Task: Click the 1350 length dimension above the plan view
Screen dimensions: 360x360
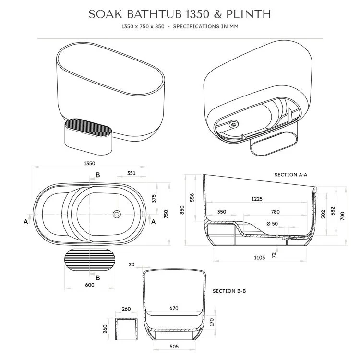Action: pos(90,163)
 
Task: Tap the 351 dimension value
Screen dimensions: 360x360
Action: pos(132,173)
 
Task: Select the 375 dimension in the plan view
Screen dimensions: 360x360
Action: pos(154,198)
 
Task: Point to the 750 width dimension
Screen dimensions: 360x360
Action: pos(166,214)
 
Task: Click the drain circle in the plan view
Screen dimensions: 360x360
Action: pos(117,214)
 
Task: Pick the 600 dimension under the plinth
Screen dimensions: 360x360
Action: pos(90,285)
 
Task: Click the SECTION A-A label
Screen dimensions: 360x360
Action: pos(291,175)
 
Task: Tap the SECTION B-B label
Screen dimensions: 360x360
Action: pos(229,291)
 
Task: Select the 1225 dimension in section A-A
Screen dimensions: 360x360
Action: pos(257,199)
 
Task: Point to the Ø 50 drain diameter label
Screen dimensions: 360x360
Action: pos(272,224)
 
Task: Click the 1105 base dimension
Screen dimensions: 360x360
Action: pos(259,258)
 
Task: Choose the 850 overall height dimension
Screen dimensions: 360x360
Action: pos(182,210)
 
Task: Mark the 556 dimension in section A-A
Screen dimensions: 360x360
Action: pos(192,197)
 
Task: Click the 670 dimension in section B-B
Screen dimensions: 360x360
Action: pos(174,308)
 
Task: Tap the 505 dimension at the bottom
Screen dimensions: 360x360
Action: pos(174,346)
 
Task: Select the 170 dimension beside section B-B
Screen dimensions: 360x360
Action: pos(212,322)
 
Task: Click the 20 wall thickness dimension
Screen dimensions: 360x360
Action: pos(132,264)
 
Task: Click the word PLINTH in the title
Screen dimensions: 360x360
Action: pos(249,14)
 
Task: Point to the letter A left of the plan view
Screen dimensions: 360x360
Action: pos(26,222)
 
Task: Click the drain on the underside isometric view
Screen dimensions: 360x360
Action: pos(234,124)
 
